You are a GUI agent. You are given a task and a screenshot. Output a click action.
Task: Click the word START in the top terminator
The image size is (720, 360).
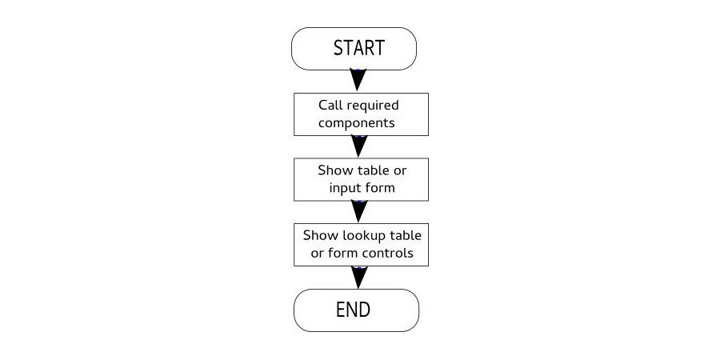pyautogui.click(x=358, y=48)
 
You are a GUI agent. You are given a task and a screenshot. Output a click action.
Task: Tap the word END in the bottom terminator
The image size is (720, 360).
pyautogui.click(x=353, y=310)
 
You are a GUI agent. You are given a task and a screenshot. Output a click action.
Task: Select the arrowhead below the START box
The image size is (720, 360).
pyautogui.click(x=358, y=80)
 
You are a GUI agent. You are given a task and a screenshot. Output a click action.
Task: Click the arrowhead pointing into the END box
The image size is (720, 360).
pyautogui.click(x=359, y=278)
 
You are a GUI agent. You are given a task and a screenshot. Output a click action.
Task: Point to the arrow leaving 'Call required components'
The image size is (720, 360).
pyautogui.click(x=359, y=146)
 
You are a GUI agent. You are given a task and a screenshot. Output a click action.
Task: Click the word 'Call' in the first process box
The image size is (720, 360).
pyautogui.click(x=330, y=105)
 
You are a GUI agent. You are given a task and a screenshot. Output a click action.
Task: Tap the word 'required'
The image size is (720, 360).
pyautogui.click(x=372, y=106)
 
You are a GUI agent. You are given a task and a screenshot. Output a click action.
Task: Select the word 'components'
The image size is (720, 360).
pyautogui.click(x=356, y=123)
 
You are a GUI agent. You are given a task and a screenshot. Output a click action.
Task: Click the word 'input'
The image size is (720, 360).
pyautogui.click(x=343, y=189)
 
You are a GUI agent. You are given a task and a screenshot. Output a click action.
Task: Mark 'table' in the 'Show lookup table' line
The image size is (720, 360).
pyautogui.click(x=406, y=235)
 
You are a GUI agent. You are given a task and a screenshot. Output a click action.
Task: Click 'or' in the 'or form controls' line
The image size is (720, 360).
pyautogui.click(x=318, y=254)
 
